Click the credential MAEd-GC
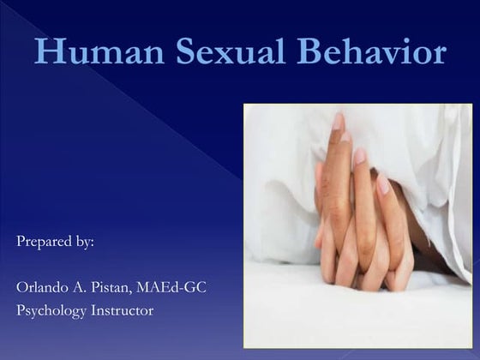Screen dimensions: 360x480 click(174, 286)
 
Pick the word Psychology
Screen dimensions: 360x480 click(51, 310)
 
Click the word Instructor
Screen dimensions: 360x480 click(122, 310)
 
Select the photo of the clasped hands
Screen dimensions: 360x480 click(357, 225)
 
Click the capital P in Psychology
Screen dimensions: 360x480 click(21, 310)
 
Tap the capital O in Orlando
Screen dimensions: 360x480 click(22, 286)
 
